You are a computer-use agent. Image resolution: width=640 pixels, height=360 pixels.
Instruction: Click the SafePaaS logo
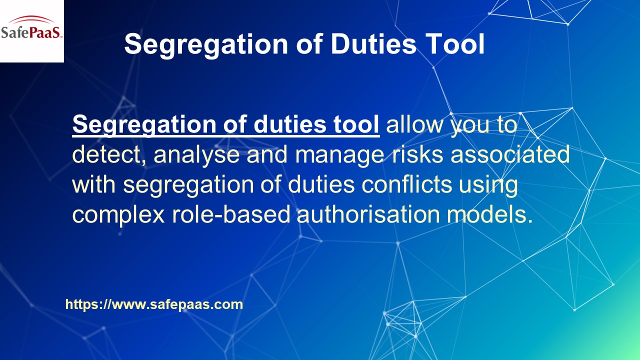point(31,31)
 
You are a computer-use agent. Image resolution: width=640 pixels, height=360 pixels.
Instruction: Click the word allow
point(415,124)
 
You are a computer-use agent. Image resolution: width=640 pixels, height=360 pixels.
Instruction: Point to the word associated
point(510,154)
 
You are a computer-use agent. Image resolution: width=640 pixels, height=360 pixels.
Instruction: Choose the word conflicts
point(407,184)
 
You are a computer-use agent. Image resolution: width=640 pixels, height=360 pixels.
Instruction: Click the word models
point(487,214)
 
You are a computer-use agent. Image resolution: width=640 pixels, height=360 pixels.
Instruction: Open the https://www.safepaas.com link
point(154,304)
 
